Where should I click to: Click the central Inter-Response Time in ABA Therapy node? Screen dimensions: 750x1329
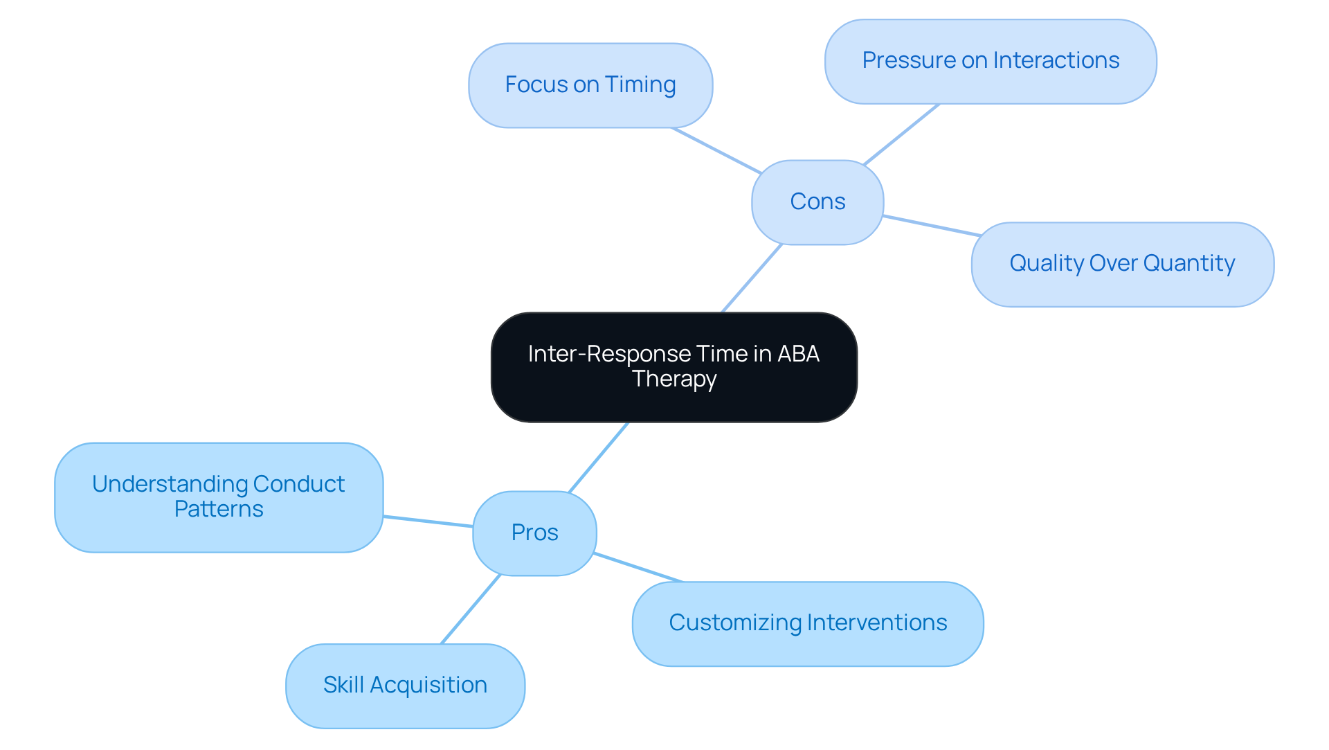(673, 367)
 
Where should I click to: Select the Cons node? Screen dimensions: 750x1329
(817, 202)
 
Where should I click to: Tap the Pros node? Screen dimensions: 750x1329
(534, 533)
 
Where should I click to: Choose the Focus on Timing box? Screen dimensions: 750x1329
(590, 85)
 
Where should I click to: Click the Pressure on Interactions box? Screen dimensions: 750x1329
(991, 61)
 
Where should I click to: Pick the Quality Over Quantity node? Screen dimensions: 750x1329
(1122, 264)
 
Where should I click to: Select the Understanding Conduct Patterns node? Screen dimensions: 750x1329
(219, 497)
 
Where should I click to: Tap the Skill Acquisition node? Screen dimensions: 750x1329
(405, 686)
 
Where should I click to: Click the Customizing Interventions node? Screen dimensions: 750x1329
(808, 623)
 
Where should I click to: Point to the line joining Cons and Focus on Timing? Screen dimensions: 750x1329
(716, 150)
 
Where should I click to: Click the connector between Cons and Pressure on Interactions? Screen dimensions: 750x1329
(901, 134)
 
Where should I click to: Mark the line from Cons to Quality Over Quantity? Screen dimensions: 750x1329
(931, 226)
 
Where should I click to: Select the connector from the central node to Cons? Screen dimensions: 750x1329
(752, 278)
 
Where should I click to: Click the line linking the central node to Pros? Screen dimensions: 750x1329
(598, 457)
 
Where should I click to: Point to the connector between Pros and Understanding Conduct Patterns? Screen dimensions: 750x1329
(428, 521)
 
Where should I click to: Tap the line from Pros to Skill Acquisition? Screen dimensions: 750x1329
(471, 609)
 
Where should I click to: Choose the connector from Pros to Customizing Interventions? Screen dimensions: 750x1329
(638, 568)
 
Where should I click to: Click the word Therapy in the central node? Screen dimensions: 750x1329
(674, 380)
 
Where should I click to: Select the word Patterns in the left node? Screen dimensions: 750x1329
(219, 510)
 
